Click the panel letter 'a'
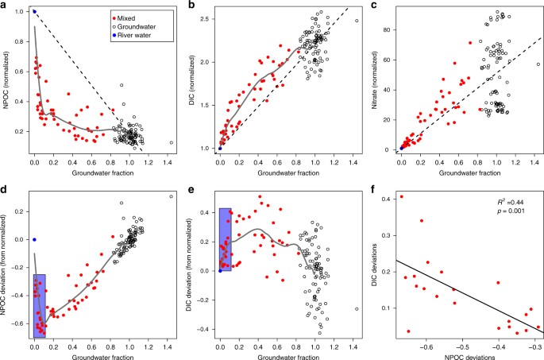pyautogui.click(x=5, y=6)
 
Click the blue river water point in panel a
pyautogui.click(x=34, y=12)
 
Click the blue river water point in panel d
pyautogui.click(x=34, y=239)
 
